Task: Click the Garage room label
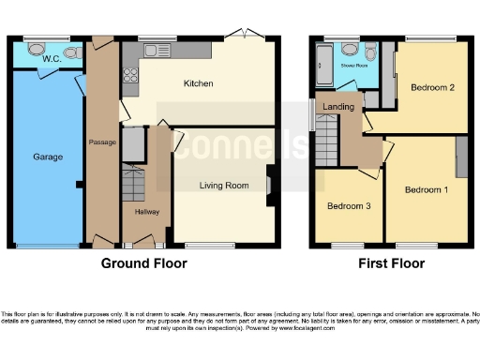click(48, 157)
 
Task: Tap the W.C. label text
click(52, 59)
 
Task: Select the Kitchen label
click(198, 83)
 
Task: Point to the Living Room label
click(223, 186)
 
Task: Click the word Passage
click(101, 142)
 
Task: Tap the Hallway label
click(146, 212)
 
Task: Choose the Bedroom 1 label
click(426, 190)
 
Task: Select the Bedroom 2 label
click(433, 88)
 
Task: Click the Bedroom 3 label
click(347, 205)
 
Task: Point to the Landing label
click(338, 107)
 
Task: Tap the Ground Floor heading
click(143, 263)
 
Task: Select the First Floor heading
click(391, 263)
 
